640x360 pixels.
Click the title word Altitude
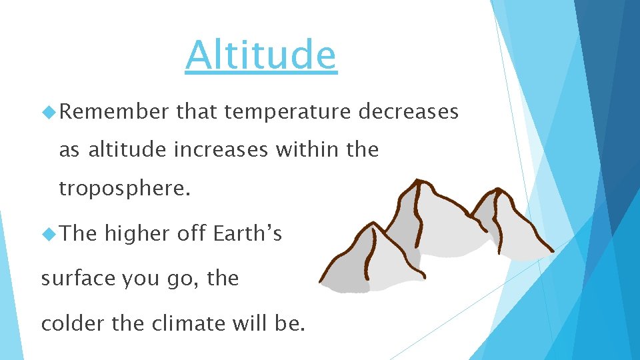point(261,55)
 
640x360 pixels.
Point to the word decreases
point(409,112)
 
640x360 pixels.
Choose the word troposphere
point(125,189)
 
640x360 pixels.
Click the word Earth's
point(248,234)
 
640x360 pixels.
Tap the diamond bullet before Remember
point(49,112)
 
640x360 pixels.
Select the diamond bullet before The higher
point(49,234)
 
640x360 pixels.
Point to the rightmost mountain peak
point(497,192)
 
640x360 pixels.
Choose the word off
point(193,234)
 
